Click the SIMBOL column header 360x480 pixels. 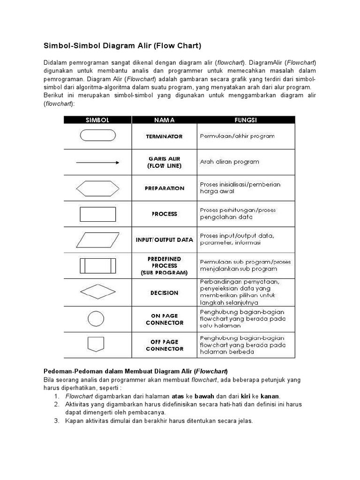tap(97, 120)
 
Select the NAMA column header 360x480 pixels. tap(164, 120)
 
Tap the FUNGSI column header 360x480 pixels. tap(246, 120)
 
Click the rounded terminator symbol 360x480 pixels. tap(97, 135)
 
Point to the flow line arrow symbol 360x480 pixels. tap(97, 163)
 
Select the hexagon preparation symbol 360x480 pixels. tap(97, 188)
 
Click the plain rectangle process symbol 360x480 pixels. tap(97, 214)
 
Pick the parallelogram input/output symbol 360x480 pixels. tap(97, 240)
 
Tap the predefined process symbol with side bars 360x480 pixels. tap(97, 266)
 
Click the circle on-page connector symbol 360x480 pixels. tap(96, 319)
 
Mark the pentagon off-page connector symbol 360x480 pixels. tap(96, 344)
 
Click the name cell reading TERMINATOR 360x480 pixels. tap(164, 136)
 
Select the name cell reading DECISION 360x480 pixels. tap(164, 293)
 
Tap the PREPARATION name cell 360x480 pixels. tap(164, 188)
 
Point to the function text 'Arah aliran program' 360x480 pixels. tap(229, 162)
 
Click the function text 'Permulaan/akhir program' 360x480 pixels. tap(237, 136)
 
